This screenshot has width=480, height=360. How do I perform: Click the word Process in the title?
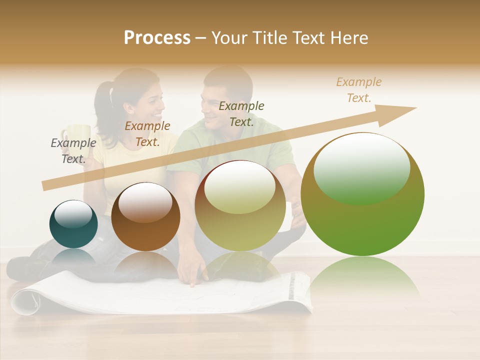point(157,38)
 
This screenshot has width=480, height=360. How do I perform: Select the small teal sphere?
point(73,224)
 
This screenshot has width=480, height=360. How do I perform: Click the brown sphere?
point(145,217)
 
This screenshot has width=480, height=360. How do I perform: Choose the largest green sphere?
point(362,195)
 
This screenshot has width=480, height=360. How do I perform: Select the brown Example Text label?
point(147,134)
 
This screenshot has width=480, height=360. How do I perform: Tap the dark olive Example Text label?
point(241,114)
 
